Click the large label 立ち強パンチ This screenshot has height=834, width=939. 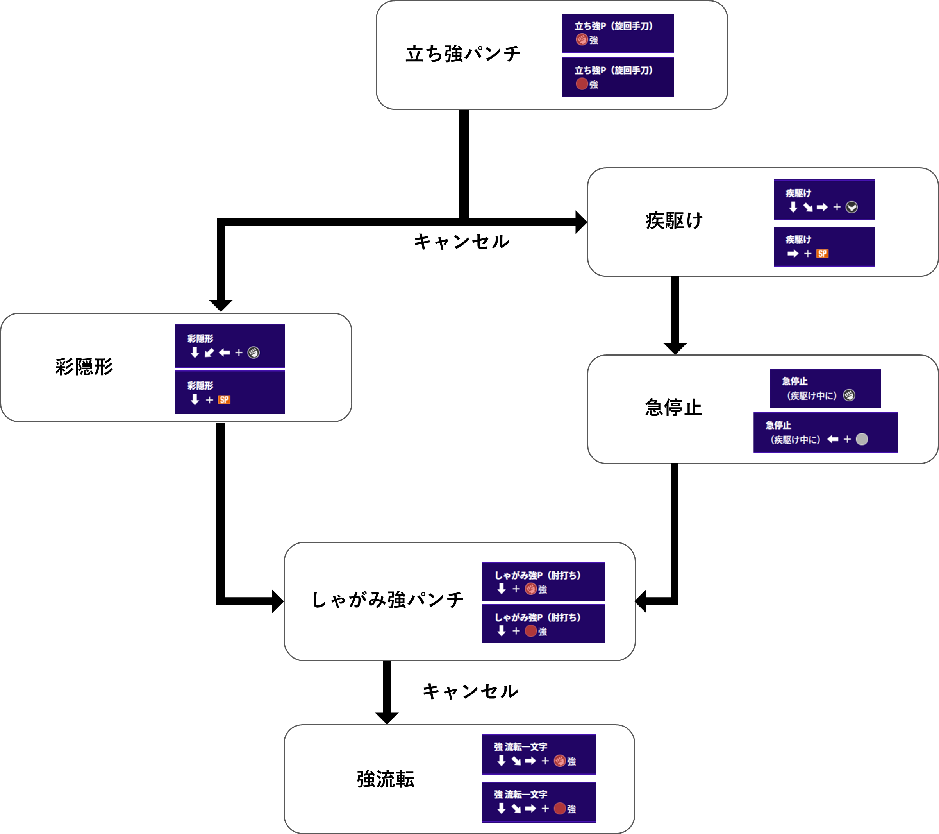463,54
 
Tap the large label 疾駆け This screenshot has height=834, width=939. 674,221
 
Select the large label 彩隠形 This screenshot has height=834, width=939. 84,367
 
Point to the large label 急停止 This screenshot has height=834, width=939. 673,408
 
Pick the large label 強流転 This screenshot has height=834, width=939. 386,779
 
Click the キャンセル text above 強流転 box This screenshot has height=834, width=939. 470,691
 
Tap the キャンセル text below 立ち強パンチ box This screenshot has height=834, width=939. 462,242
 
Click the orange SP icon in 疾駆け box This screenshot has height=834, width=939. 822,254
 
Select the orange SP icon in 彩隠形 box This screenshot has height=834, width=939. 224,400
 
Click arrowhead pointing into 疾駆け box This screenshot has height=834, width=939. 581,222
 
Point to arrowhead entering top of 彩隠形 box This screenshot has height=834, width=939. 221,306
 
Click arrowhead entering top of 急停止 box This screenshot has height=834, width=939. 675,349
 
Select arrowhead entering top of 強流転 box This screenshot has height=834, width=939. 387,719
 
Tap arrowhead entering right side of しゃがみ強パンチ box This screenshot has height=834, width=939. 641,601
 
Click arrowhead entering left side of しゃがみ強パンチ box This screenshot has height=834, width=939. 278,601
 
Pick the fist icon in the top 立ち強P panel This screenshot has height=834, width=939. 582,39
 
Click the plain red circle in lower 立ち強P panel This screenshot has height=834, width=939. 582,84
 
